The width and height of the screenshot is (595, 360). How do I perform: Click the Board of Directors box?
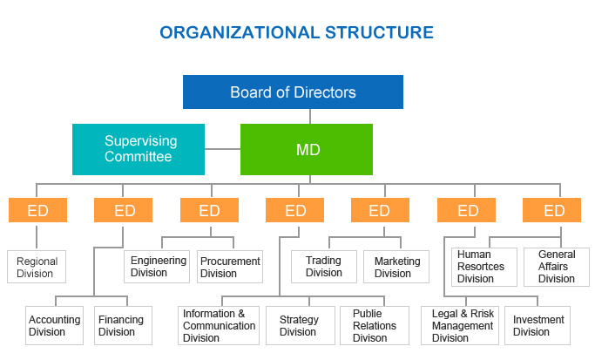point(293,92)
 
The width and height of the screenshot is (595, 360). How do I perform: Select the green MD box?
point(307,149)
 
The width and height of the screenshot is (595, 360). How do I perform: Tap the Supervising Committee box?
point(139,149)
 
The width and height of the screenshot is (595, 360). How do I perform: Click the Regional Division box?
point(37,268)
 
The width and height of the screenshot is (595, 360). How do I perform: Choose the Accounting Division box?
point(53,325)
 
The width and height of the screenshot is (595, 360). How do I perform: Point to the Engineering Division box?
point(158,266)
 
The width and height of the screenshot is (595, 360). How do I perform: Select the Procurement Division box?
point(230,267)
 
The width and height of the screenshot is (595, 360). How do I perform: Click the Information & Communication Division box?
point(219,326)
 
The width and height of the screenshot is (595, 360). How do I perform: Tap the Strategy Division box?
point(298,326)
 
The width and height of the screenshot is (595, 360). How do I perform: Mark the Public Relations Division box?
point(375,326)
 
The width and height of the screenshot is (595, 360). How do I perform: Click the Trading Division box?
point(324,267)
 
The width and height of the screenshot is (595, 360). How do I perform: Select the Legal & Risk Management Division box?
point(462,326)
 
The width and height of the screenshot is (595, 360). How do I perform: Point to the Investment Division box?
point(538,326)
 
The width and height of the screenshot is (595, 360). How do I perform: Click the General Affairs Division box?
point(556,267)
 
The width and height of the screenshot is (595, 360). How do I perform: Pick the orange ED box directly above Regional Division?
point(37,211)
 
